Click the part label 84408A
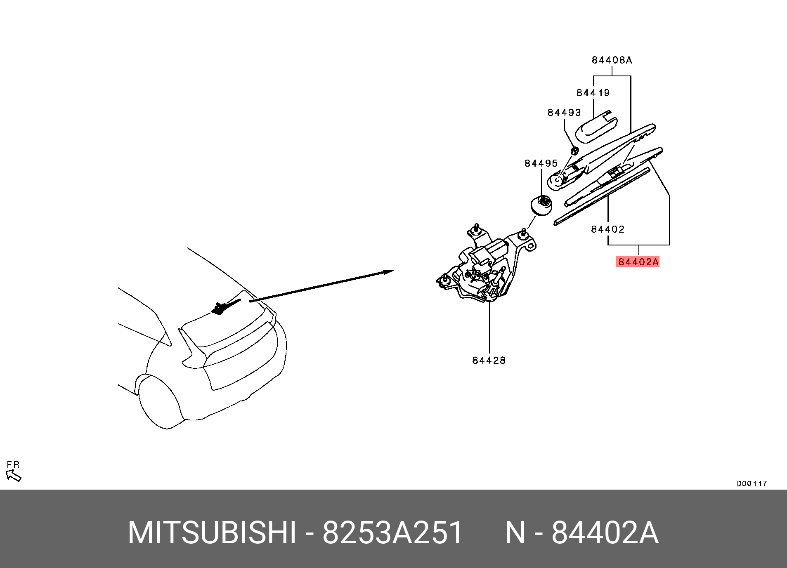click(x=612, y=60)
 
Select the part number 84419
click(x=593, y=93)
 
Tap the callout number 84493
click(x=564, y=113)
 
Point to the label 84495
click(x=541, y=163)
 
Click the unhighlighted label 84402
click(x=607, y=229)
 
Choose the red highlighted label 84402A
click(x=638, y=262)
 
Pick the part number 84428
click(x=489, y=361)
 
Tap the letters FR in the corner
click(x=13, y=465)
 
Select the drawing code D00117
click(x=752, y=483)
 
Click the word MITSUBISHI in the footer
click(x=212, y=533)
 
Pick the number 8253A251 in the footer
click(x=392, y=533)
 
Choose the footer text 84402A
click(x=605, y=533)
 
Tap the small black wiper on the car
click(x=225, y=306)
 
